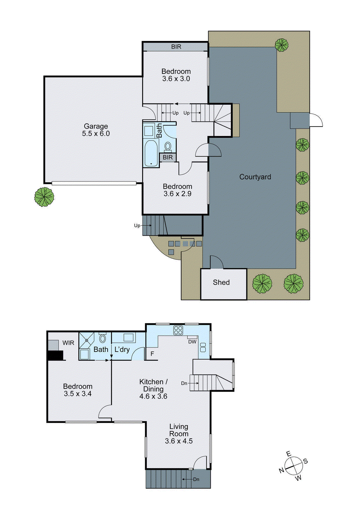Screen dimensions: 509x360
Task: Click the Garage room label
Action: (96, 126)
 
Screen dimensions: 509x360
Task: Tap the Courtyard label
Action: (255, 177)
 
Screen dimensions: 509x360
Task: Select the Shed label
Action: (221, 282)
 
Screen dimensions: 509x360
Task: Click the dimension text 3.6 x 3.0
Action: (176, 79)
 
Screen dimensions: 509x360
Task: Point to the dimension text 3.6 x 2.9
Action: (177, 194)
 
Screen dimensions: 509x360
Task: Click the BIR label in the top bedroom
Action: (176, 47)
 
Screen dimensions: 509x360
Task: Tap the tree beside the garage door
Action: (44, 197)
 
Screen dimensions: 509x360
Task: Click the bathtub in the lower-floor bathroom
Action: (151, 154)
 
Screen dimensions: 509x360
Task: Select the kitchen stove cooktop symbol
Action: (178, 330)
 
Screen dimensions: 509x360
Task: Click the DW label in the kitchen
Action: (192, 342)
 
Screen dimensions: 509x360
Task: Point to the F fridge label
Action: (152, 354)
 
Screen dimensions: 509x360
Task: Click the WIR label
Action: (68, 343)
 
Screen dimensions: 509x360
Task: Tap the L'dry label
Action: (122, 349)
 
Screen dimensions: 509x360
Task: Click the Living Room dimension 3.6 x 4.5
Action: (179, 441)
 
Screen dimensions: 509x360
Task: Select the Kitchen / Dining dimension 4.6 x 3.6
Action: (153, 396)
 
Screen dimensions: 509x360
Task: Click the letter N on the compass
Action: (281, 470)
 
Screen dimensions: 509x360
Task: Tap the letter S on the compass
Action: (305, 461)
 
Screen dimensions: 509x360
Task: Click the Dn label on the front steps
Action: (196, 479)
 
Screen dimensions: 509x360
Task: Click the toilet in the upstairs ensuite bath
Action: (102, 338)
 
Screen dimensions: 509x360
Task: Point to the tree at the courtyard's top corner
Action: (281, 45)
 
